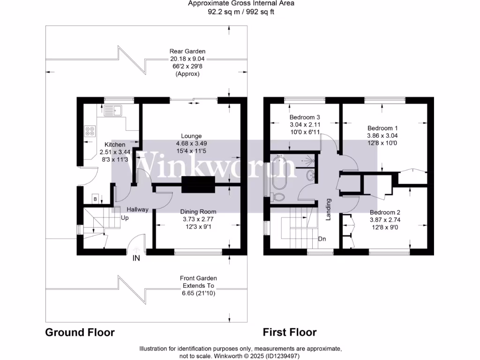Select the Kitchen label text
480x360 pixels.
[115, 144]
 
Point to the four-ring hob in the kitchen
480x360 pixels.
[89, 131]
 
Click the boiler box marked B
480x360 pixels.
[96, 199]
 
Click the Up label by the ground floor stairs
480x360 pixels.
[125, 218]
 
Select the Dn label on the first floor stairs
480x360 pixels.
[322, 239]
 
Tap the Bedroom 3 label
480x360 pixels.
[305, 117]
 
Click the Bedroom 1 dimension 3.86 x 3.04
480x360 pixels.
[382, 136]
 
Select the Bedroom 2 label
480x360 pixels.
[385, 212]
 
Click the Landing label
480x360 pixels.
[329, 210]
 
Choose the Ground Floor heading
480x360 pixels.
[80, 332]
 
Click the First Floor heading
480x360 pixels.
[289, 332]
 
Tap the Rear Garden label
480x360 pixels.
[187, 52]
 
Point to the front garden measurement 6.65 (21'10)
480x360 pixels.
[197, 293]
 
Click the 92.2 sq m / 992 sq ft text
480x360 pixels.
[241, 12]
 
